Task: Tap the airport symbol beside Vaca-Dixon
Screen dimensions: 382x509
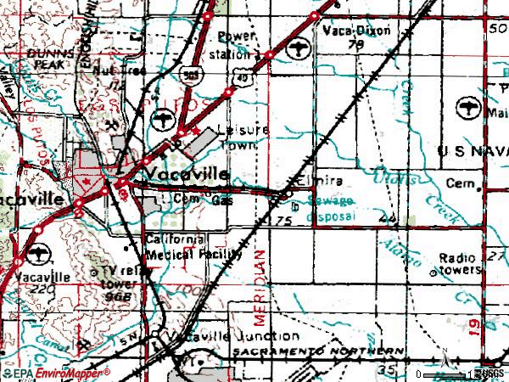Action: click(298, 48)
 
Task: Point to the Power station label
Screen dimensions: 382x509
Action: click(236, 42)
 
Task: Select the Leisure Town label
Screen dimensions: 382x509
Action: click(243, 136)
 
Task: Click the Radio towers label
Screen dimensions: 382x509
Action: click(458, 264)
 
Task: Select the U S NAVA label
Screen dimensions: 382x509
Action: click(473, 149)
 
